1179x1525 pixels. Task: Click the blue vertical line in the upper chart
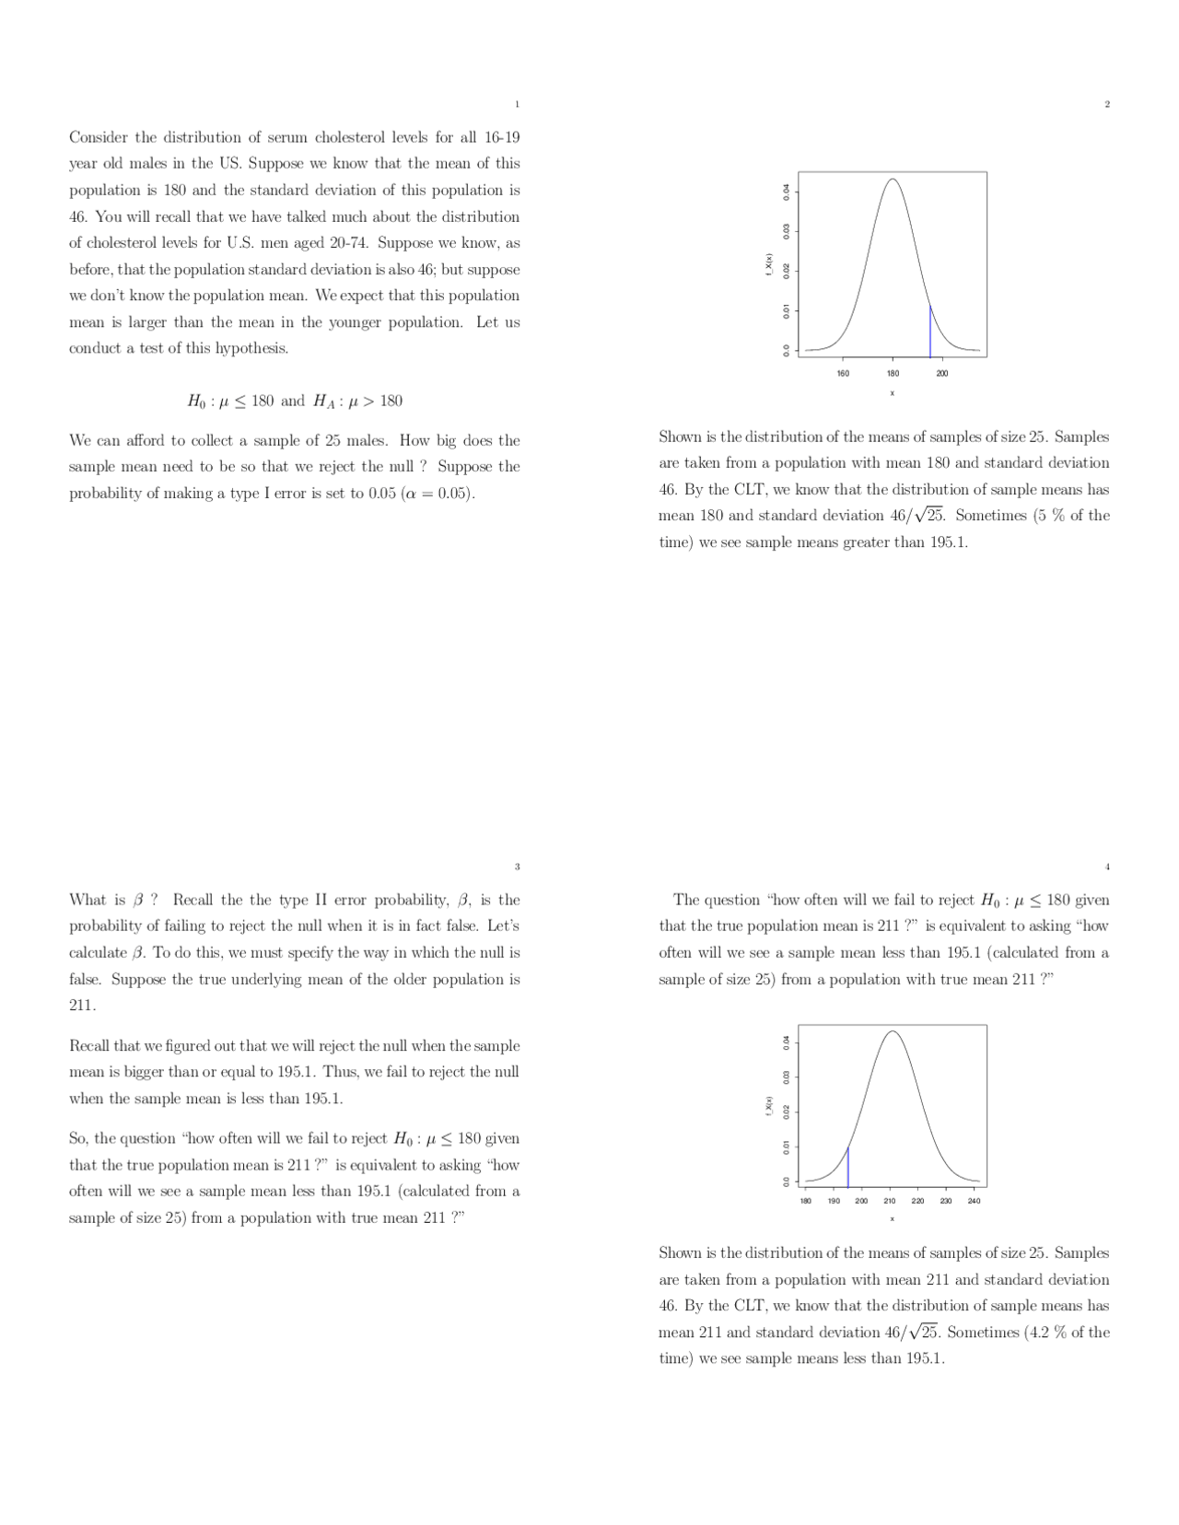(x=930, y=332)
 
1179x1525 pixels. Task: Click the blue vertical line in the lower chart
(x=847, y=1168)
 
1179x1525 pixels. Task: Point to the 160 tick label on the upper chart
(x=843, y=374)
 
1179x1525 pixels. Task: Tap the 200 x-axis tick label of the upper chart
(x=942, y=374)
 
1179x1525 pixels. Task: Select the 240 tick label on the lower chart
(x=975, y=1201)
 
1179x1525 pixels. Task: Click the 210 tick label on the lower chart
(x=890, y=1201)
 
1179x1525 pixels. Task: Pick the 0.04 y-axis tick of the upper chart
(x=786, y=192)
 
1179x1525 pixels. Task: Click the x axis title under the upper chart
(x=892, y=393)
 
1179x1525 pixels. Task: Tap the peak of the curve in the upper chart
(x=892, y=180)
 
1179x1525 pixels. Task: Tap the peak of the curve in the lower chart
(x=892, y=1031)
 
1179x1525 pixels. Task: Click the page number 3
(x=517, y=867)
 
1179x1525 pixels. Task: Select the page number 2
(x=1107, y=104)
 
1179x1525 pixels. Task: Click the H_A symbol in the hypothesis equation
(x=322, y=402)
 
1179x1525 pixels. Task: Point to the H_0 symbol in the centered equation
(x=196, y=402)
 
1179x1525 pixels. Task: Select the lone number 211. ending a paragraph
(x=82, y=1005)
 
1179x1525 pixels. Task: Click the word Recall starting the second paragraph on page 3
(x=90, y=1046)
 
